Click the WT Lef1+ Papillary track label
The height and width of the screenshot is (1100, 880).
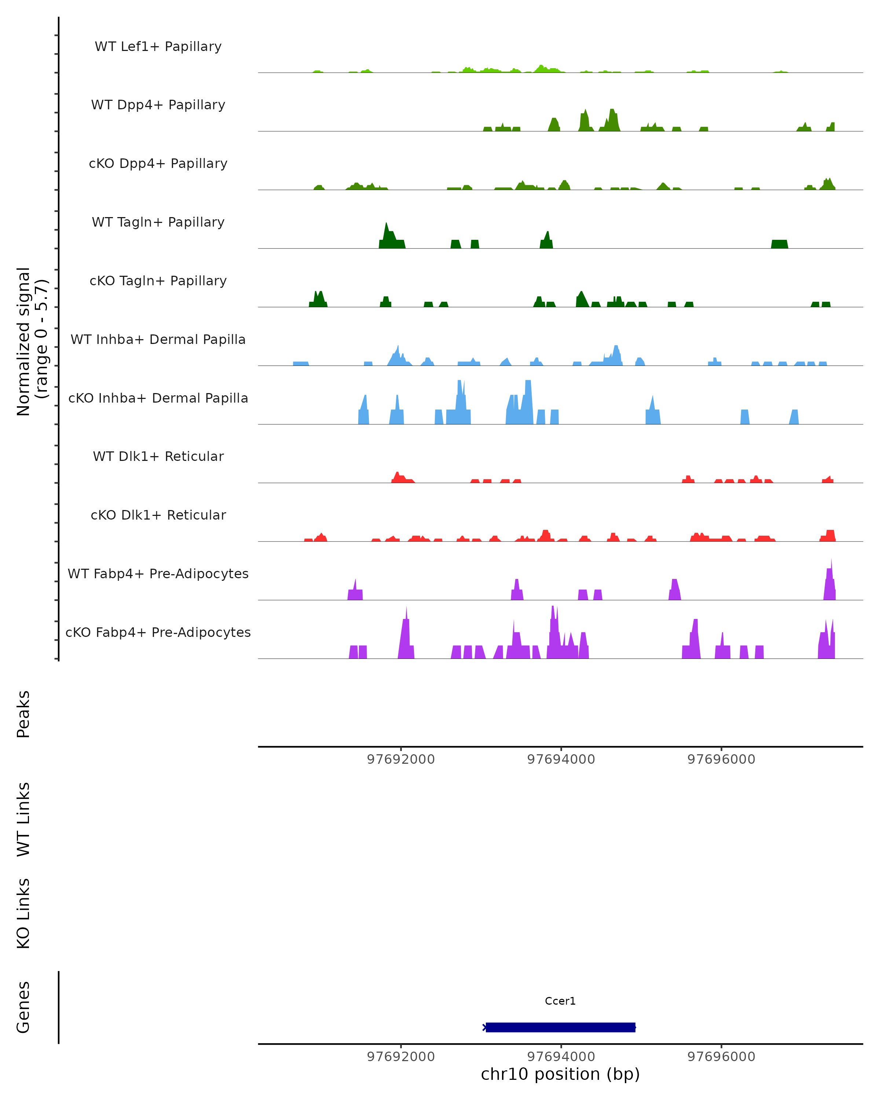click(x=158, y=47)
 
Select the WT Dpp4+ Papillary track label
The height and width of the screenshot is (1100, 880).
click(x=158, y=105)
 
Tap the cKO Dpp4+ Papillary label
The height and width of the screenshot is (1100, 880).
click(x=158, y=164)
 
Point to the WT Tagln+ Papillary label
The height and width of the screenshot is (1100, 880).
click(x=158, y=223)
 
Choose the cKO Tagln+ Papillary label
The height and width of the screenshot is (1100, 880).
click(x=158, y=281)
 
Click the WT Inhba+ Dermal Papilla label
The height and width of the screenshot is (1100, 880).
click(x=158, y=340)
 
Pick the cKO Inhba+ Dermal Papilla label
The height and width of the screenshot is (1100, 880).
click(x=158, y=399)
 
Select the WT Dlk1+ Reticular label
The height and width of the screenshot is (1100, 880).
click(x=158, y=456)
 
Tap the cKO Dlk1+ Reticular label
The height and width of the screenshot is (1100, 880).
click(x=158, y=515)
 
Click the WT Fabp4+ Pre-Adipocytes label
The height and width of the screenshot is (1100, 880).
click(x=158, y=574)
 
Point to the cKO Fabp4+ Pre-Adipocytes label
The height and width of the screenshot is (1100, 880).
click(x=158, y=632)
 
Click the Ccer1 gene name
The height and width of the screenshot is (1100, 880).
click(x=560, y=1001)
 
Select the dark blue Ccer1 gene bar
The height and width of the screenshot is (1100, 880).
click(x=560, y=1027)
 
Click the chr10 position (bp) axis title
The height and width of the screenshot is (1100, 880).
click(x=560, y=1074)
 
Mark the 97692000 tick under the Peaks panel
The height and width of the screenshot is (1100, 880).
click(x=401, y=760)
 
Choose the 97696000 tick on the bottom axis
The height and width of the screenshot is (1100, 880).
click(x=721, y=1057)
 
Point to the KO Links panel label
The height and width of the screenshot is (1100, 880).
click(x=23, y=914)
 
